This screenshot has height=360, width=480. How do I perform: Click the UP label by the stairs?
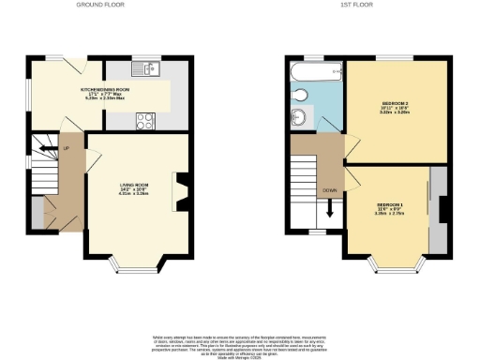click(66, 147)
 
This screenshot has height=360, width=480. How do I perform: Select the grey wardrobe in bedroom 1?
click(438, 211)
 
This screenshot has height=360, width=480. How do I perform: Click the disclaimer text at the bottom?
click(240, 343)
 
